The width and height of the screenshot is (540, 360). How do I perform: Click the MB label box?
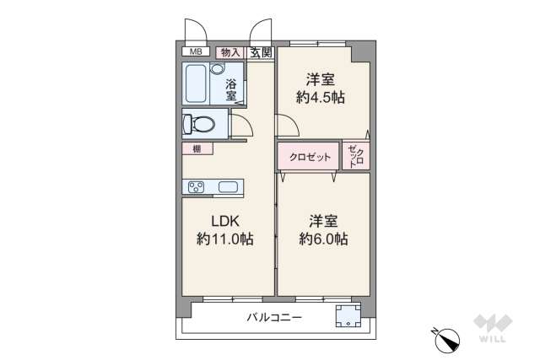195,52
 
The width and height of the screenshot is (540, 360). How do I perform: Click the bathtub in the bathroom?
202,83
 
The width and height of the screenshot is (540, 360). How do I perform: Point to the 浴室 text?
230,90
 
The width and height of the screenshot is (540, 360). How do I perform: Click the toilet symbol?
200,125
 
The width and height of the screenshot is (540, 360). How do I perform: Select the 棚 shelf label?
197,148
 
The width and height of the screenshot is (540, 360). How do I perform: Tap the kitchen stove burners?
195,187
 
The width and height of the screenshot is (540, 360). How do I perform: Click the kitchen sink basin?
228,187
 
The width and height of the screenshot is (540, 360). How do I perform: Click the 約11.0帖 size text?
224,239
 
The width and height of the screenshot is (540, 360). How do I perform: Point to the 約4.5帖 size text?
321,98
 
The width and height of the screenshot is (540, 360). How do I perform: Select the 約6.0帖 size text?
321,239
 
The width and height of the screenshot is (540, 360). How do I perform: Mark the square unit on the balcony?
348,317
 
